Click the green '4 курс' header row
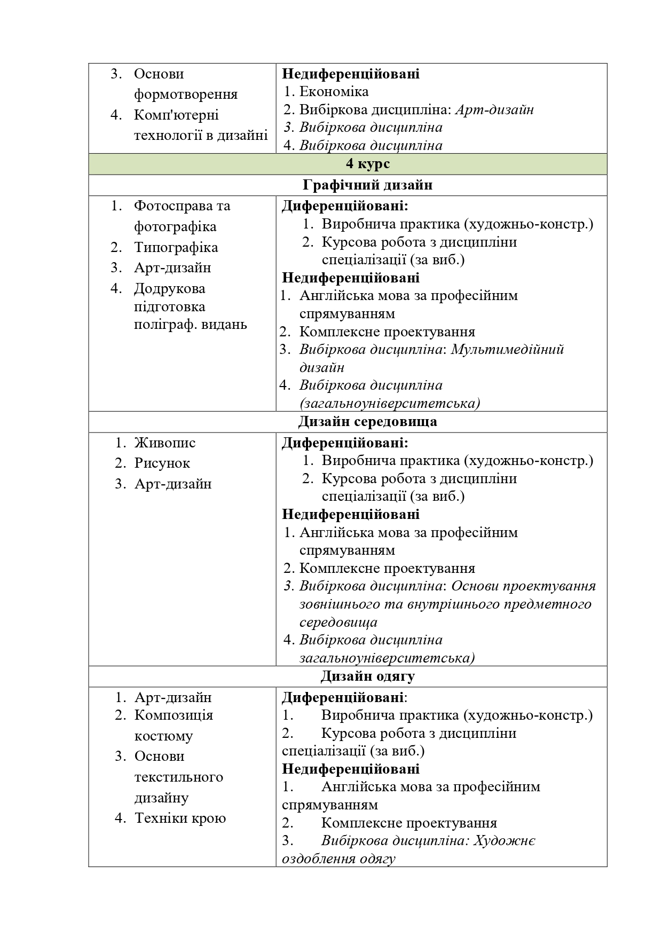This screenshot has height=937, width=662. click(348, 164)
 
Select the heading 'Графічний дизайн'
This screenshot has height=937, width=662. click(367, 185)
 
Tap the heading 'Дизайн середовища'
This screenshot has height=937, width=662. click(367, 422)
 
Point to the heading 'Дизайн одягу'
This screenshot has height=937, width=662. click(367, 676)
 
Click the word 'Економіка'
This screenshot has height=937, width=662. click(334, 92)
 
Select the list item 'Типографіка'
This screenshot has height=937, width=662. click(176, 247)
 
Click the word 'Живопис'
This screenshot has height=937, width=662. click(165, 443)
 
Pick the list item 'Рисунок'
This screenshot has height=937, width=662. click(162, 463)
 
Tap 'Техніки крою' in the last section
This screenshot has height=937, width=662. click(180, 818)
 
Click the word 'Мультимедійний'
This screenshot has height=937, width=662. click(507, 350)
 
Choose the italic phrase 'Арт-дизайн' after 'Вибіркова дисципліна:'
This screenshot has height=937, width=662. click(495, 110)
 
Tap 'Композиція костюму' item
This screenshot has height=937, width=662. click(174, 725)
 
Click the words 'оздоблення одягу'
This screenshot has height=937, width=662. click(338, 859)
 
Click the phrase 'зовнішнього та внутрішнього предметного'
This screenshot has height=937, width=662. click(445, 604)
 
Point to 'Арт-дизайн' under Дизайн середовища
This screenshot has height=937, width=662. click(173, 484)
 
